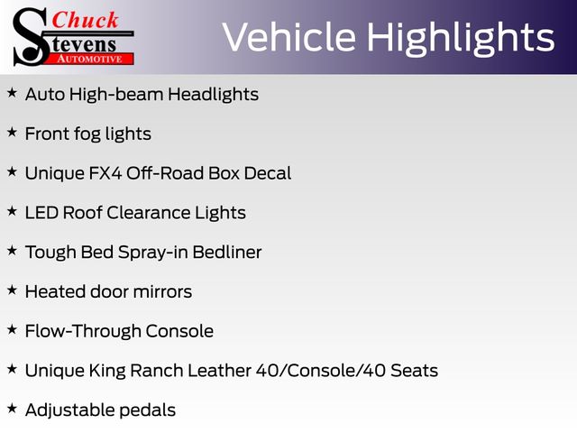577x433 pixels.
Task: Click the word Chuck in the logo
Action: click(85, 20)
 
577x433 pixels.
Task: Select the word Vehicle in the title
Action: click(289, 37)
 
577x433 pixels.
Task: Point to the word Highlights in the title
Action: click(461, 39)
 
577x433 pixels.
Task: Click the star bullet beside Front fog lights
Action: click(12, 133)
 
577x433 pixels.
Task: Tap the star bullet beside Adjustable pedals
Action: click(12, 409)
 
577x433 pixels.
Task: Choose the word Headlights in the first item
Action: click(213, 94)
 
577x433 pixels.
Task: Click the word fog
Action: click(87, 134)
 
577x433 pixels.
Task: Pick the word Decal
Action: click(268, 173)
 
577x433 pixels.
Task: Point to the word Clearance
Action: click(148, 213)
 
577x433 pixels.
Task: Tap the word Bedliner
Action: click(227, 253)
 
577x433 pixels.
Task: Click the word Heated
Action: click(55, 291)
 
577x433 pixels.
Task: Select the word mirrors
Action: click(162, 292)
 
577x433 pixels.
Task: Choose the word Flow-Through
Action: click(83, 331)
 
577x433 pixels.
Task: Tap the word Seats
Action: click(415, 371)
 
